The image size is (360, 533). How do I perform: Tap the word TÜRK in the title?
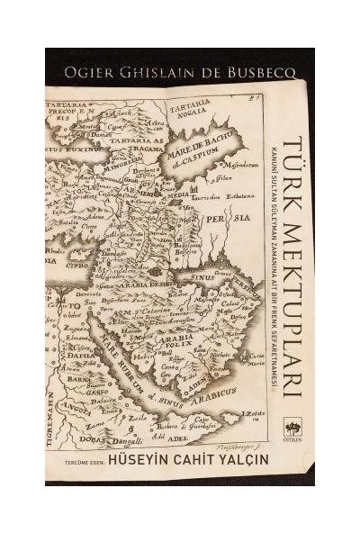292,168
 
